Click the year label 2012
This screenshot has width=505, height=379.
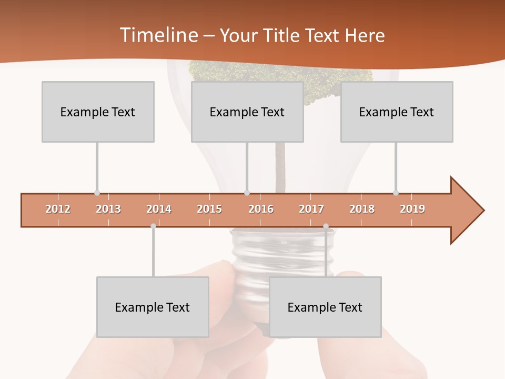coord(58,209)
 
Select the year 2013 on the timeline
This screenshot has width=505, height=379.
coord(108,209)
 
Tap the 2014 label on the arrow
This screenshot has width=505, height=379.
coord(159,209)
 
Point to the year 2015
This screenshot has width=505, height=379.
coord(209,209)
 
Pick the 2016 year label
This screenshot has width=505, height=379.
coord(261,209)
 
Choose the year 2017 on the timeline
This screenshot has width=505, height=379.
coord(311,209)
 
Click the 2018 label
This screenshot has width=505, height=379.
coord(362,209)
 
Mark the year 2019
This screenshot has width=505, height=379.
coord(412,209)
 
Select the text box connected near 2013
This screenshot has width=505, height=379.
coord(98,112)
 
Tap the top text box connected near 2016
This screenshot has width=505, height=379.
coord(247,112)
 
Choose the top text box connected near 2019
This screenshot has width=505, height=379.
coord(397,112)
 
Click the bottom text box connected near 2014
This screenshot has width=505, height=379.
coord(153,307)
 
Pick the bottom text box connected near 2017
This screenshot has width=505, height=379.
coord(325,307)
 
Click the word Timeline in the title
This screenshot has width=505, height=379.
coord(158,35)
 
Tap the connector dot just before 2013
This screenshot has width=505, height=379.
coord(97,193)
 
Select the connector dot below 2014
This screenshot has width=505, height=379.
coord(153,226)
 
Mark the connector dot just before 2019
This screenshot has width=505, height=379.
coord(396,193)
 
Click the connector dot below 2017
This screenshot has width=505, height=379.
coord(326,226)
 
